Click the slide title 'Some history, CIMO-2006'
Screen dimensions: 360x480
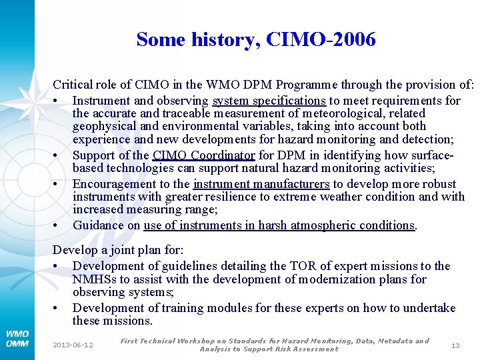(x=256, y=40)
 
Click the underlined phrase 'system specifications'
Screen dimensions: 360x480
(x=269, y=101)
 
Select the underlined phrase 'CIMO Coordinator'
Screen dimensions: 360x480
(x=203, y=155)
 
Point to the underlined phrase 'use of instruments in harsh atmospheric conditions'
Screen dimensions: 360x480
(x=279, y=225)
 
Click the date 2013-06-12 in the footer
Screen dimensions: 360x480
(x=73, y=345)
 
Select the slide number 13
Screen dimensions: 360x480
(x=455, y=345)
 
